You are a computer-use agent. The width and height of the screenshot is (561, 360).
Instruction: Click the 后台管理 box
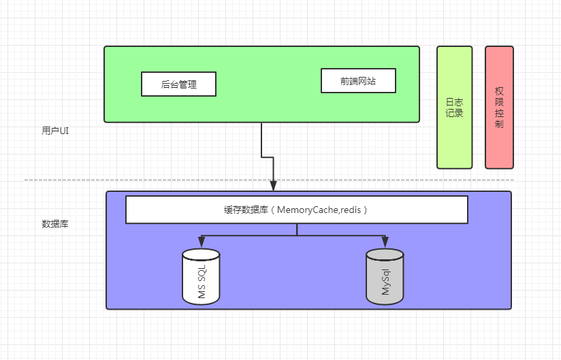(178, 84)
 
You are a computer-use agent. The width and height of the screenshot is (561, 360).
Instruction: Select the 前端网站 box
(358, 81)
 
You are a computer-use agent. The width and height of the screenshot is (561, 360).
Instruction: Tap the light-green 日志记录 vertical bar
(454, 107)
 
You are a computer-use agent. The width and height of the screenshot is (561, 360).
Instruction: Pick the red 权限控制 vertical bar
(499, 107)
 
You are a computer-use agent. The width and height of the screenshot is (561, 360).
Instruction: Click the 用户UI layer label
(55, 131)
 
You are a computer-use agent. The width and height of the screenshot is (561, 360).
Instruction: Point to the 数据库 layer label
(55, 223)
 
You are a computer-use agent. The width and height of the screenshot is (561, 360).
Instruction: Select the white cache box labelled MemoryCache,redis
(296, 210)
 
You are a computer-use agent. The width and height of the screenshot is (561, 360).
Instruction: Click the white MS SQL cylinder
(201, 277)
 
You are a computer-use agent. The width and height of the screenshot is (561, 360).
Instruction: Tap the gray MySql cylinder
(385, 277)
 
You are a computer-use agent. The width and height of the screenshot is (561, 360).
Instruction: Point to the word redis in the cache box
(351, 210)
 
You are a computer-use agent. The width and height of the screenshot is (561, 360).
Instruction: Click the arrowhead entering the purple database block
(273, 186)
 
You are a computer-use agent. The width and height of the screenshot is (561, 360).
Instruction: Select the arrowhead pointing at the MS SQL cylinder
(201, 243)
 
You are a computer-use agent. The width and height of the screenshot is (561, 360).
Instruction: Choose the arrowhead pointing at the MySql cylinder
(385, 243)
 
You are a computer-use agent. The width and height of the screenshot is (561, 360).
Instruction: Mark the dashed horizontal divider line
(136, 180)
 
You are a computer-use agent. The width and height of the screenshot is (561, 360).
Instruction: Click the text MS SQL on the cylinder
(202, 281)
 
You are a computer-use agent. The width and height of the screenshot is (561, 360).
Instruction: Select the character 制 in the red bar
(500, 125)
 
